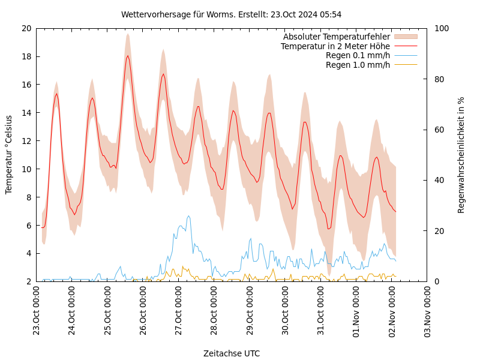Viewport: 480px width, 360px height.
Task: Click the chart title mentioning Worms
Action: [x=231, y=14]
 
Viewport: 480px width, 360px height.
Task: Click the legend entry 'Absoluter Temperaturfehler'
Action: [x=336, y=37]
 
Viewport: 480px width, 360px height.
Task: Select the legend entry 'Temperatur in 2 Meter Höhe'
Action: [x=335, y=46]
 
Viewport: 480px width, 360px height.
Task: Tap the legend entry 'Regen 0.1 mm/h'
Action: [x=358, y=55]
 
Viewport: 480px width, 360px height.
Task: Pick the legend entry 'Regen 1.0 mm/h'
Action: [x=358, y=65]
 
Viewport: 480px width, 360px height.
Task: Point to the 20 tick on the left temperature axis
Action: [x=26, y=28]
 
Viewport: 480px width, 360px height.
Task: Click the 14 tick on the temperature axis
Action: [x=26, y=113]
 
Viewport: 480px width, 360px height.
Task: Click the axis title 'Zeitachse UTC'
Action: [x=231, y=353]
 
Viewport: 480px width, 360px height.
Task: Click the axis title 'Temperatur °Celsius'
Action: [x=9, y=155]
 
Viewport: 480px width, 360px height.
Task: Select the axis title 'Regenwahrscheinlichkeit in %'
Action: [x=461, y=155]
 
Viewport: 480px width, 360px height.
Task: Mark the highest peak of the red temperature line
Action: [x=128, y=56]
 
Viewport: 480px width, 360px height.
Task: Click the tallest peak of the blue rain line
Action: [x=188, y=216]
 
